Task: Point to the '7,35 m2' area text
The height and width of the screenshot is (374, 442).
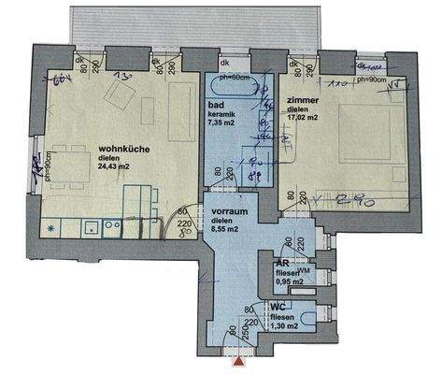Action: pyautogui.click(x=225, y=122)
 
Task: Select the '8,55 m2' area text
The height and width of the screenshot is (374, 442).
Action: pyautogui.click(x=226, y=227)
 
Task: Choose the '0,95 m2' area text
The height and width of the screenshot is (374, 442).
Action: pyautogui.click(x=289, y=280)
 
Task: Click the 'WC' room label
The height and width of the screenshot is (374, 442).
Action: pyautogui.click(x=278, y=306)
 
